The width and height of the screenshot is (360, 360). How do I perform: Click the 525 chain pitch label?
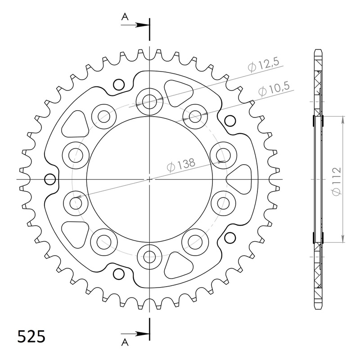tap(31, 336)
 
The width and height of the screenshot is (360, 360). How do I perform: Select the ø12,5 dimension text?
tap(263, 66)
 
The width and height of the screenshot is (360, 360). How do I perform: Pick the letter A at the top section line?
tap(125, 17)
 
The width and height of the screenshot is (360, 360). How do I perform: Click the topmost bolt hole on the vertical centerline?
tap(149, 101)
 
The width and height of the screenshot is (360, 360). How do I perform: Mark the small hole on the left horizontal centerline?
tap(50, 180)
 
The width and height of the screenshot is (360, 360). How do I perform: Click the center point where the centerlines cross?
tap(149, 180)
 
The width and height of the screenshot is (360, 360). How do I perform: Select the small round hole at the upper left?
tap(119, 84)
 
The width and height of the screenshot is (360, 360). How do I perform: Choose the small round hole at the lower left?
tap(119, 274)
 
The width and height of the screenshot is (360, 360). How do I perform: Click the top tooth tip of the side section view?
tap(318, 49)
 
